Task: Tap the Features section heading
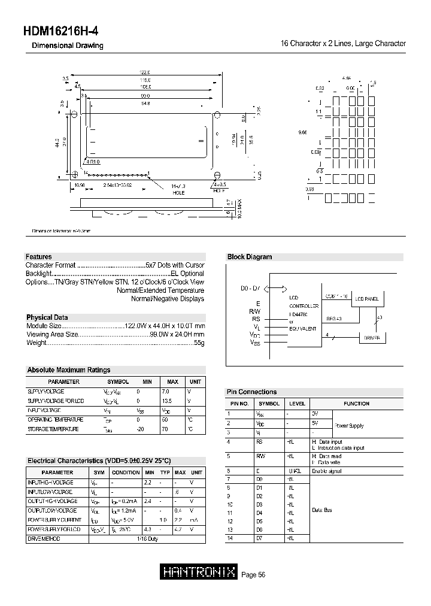tap(39, 256)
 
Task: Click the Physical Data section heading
tap(47, 317)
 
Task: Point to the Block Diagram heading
tap(250, 257)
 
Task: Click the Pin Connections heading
tap(251, 392)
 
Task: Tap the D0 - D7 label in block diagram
tap(251, 289)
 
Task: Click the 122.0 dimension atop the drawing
tap(144, 72)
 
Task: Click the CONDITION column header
tap(126, 472)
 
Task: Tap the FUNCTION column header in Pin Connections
tap(356, 404)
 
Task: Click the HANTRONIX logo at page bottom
tap(200, 572)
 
